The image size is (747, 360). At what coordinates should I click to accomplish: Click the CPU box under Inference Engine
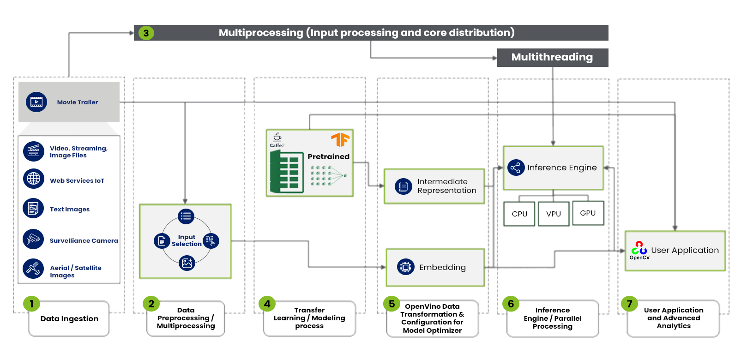519,214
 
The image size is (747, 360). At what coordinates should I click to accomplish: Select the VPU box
554,214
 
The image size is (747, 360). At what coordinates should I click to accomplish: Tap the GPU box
588,213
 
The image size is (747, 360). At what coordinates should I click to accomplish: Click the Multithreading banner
552,57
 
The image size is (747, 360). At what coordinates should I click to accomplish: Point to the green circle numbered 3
146,33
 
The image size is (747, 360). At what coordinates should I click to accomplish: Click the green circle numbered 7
629,304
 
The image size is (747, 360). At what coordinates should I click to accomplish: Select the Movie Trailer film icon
36,102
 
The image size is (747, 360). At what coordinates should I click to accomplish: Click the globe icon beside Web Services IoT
34,179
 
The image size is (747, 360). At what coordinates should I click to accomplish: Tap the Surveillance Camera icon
33,239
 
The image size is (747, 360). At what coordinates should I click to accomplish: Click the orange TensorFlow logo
340,139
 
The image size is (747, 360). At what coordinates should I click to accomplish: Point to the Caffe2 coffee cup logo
277,137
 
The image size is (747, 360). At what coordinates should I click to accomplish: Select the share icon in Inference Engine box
516,168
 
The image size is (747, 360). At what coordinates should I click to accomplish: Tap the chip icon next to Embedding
405,267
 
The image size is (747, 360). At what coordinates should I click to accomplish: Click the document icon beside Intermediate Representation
404,186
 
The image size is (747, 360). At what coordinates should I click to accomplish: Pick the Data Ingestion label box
69,318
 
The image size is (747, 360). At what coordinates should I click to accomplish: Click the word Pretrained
328,156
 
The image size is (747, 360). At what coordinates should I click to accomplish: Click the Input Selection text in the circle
187,240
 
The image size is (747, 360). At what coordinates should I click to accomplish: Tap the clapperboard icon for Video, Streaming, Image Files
34,151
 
